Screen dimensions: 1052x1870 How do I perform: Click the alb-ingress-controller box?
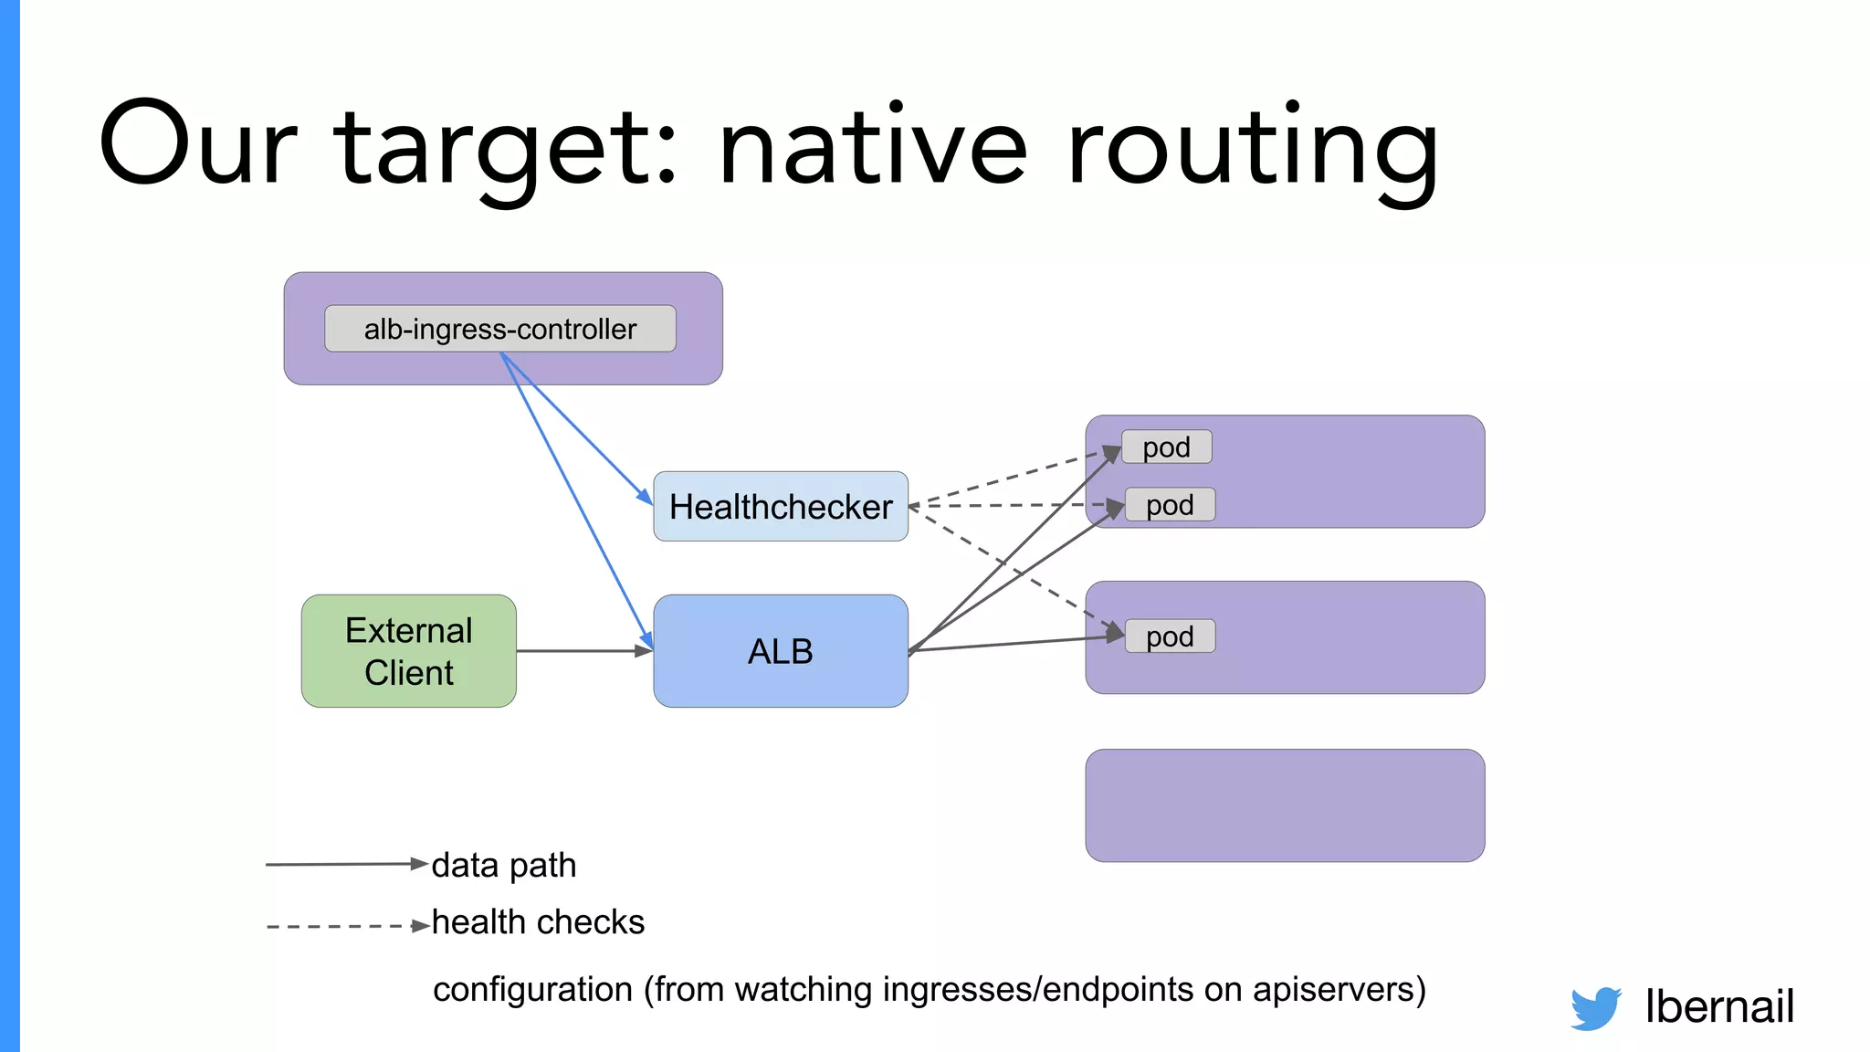(500, 329)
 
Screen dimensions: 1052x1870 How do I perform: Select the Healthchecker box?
(781, 507)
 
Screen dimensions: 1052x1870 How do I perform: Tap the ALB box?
(781, 651)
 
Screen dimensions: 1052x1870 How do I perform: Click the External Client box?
(409, 651)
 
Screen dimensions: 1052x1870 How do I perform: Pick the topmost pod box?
(1167, 447)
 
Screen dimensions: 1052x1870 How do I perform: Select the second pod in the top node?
(1170, 505)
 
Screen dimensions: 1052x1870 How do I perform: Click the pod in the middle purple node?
(1170, 636)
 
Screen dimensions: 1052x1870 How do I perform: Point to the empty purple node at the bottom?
(1285, 805)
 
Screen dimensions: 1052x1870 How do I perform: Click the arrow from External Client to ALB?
(584, 651)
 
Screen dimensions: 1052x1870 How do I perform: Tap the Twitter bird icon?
(1595, 1008)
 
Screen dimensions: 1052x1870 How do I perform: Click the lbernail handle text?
(1719, 1006)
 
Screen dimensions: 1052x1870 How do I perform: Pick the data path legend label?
(504, 865)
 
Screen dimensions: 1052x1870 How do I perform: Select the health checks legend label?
(538, 922)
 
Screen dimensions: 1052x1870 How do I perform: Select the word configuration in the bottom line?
(532, 990)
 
